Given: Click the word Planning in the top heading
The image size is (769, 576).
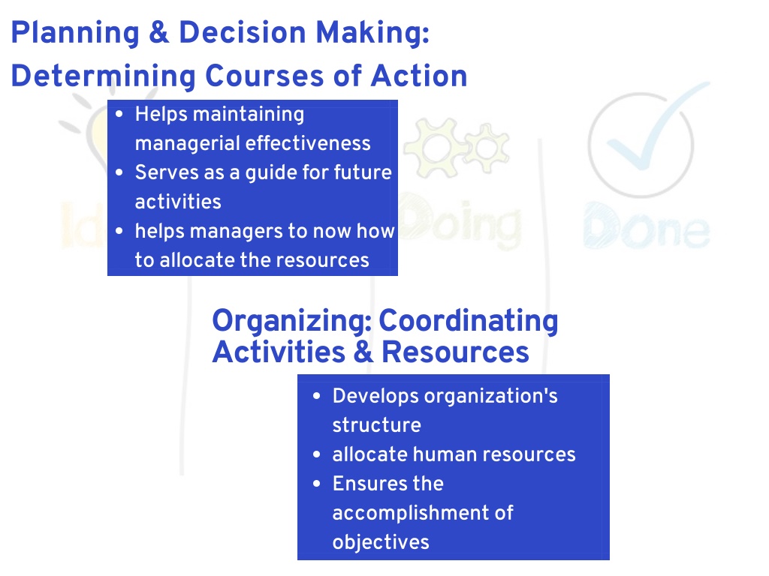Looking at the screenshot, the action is click(x=75, y=33).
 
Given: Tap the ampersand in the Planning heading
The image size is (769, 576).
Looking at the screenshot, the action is click(x=159, y=32).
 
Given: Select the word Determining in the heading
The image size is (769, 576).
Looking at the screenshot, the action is click(x=103, y=76).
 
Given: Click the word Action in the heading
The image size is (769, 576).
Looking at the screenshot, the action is click(x=419, y=76).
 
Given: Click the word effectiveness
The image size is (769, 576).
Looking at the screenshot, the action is click(x=308, y=143).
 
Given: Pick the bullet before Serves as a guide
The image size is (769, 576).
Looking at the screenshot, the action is click(x=119, y=172).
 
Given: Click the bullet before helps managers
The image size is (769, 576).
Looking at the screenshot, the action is click(x=119, y=231).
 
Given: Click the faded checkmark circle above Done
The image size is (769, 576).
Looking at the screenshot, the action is click(x=641, y=145).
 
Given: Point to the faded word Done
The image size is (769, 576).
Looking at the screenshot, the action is click(x=647, y=226).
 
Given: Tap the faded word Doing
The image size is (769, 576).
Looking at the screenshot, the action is click(x=460, y=221).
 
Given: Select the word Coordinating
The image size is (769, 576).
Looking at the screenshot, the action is click(x=469, y=322).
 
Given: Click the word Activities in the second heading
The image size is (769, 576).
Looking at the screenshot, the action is click(x=279, y=352).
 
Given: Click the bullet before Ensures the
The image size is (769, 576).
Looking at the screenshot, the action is click(x=317, y=484).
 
